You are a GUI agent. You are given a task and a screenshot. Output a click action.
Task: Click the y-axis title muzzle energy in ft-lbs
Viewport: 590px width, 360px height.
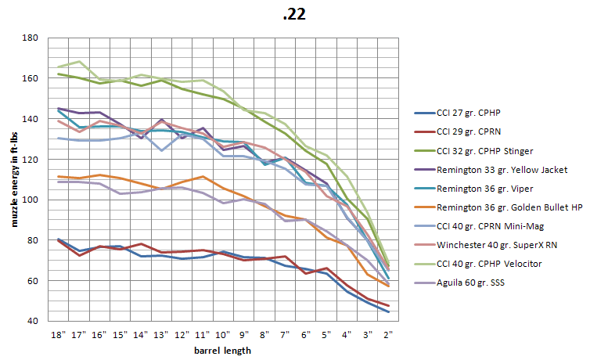pyautogui.click(x=14, y=178)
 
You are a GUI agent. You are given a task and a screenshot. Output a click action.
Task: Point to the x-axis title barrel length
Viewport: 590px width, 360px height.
pyautogui.click(x=223, y=350)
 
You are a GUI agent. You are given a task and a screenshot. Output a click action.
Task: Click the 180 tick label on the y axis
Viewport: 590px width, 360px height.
pyautogui.click(x=31, y=38)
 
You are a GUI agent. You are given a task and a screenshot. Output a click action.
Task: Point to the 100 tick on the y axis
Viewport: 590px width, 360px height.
pyautogui.click(x=31, y=200)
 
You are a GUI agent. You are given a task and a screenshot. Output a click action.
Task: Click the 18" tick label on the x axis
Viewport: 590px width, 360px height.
pyautogui.click(x=58, y=334)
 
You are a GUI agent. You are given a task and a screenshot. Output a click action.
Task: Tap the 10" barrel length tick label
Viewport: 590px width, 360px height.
pyautogui.click(x=224, y=334)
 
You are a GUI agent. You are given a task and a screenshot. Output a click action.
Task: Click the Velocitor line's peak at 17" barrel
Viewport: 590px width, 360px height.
pyautogui.click(x=79, y=61)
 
